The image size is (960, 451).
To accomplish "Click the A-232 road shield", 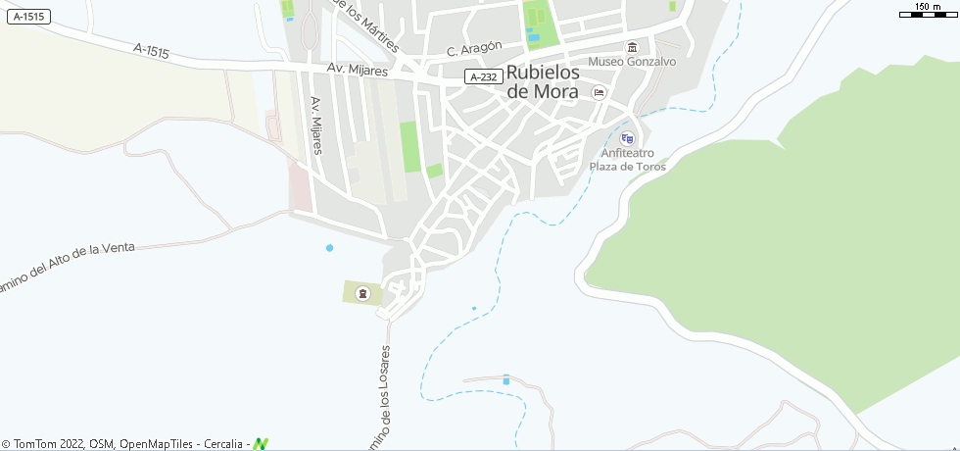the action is click(x=484, y=76).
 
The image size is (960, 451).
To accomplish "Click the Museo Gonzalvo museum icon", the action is click(x=632, y=47).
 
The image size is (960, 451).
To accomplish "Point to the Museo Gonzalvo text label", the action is click(x=633, y=62).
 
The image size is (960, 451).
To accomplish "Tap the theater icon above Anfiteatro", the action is click(x=627, y=138).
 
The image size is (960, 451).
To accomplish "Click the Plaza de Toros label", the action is click(x=627, y=167).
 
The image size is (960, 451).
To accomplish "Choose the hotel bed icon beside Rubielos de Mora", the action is click(x=599, y=92).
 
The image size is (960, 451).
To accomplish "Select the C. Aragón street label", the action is click(x=474, y=49).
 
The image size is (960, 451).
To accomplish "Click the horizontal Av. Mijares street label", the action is click(x=357, y=71).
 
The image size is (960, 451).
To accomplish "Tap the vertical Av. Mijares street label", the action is click(x=316, y=125).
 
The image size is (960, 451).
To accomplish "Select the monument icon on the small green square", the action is click(x=362, y=292).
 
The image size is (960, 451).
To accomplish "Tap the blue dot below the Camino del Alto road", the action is click(x=329, y=248).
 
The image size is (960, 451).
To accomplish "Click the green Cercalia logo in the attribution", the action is click(x=261, y=444).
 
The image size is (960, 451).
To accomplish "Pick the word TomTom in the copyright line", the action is click(x=31, y=444).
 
